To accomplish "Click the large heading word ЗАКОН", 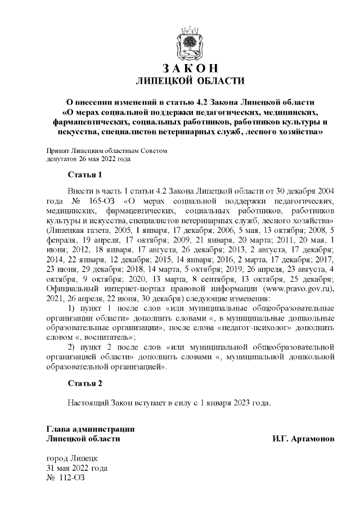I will (x=190, y=69).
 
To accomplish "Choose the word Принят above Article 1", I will (x=57, y=151).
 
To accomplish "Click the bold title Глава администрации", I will (x=90, y=429).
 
